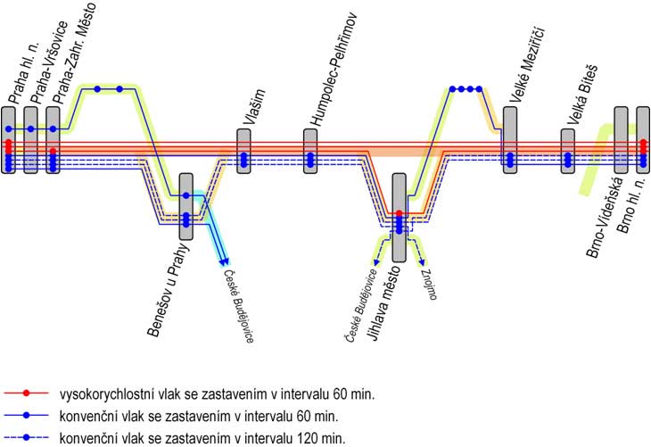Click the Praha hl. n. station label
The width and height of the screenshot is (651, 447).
pos(24,72)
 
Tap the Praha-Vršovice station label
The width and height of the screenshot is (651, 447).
pos(50,62)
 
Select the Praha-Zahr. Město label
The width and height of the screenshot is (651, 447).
pos(76,53)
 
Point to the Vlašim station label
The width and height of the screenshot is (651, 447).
pos(254,107)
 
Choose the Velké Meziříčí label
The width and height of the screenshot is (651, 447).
pos(527,65)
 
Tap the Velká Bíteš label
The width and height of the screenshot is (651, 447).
pos(582,95)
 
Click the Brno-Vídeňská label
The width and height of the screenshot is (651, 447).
pos(605,218)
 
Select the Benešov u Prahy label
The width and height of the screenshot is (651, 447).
pos(169,290)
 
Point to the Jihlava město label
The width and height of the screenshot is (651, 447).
pos(385,303)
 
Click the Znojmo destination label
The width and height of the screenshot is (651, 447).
pos(429,285)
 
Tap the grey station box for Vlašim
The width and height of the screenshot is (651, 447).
pos(243,151)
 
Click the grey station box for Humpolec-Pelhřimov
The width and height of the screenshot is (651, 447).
pos(310,151)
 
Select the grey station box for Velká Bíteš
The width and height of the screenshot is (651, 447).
pos(568,151)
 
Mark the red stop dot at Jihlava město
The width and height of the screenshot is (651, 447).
pos(399,213)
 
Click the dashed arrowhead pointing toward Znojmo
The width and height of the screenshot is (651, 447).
pos(422,262)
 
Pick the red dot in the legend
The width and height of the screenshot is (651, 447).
pos(26,393)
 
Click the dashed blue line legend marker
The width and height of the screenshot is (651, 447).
pos(26,437)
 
